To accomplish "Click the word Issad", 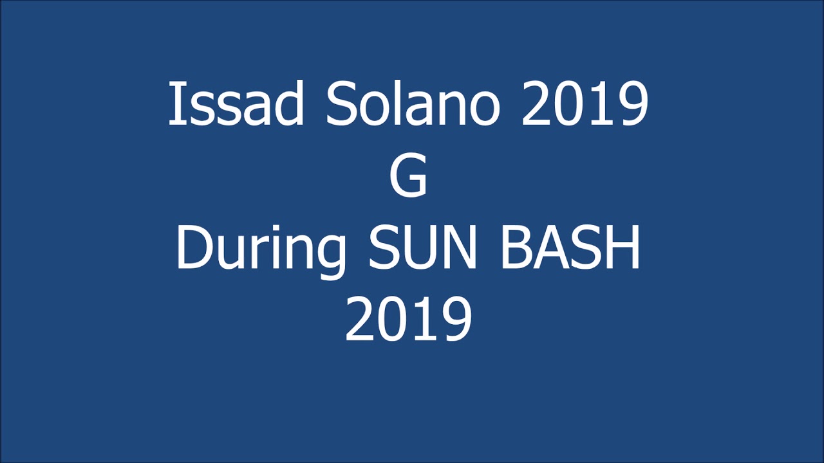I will [236, 104].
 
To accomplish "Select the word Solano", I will [413, 104].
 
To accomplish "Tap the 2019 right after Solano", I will [585, 104].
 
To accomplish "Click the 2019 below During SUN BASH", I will [409, 320].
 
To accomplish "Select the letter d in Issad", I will [288, 104].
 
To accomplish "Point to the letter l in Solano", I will [392, 104].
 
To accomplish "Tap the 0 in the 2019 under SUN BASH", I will [393, 320].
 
